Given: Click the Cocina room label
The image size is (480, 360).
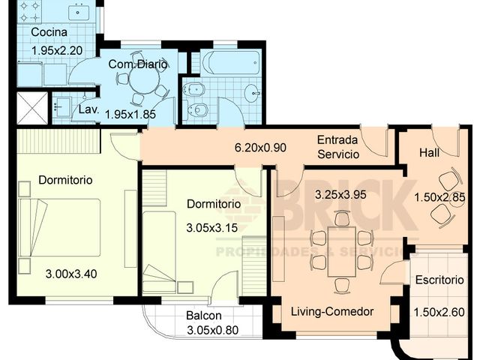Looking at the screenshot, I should click(49, 33).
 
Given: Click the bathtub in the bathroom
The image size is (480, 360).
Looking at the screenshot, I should click(231, 62).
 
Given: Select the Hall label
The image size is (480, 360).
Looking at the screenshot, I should click(429, 152).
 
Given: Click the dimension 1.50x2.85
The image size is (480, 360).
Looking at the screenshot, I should click(439, 197).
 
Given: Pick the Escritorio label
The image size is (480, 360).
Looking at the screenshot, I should click(439, 280).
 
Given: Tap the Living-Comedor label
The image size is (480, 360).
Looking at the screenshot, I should click(332, 311).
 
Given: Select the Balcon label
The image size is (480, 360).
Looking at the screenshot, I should click(202, 316).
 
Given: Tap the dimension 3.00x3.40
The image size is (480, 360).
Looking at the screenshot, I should click(71, 273).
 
